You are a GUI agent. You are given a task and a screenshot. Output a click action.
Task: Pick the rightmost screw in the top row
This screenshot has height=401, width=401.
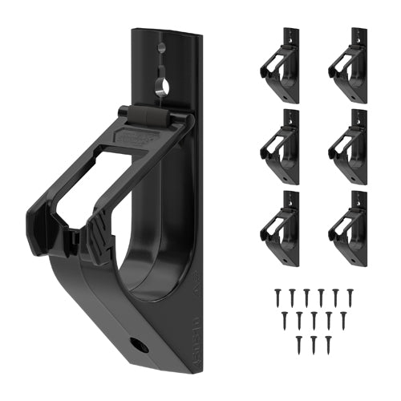coord(347,296)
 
